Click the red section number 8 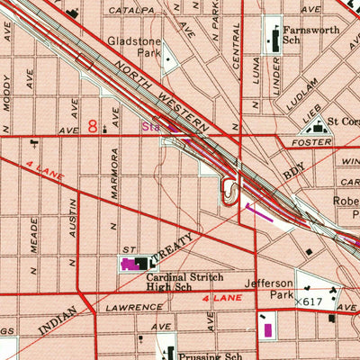tap(93, 127)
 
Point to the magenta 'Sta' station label tap(149, 128)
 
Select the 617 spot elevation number tap(313, 301)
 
